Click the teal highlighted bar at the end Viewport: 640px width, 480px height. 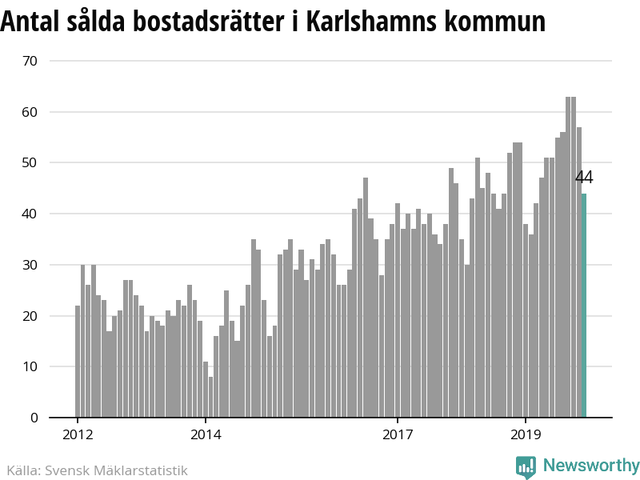(584, 306)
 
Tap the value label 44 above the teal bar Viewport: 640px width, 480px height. (584, 178)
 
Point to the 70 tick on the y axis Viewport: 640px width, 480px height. (30, 61)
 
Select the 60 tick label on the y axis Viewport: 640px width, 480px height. (30, 112)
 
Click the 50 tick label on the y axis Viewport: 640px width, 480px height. (30, 163)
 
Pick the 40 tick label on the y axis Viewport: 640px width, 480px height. (30, 214)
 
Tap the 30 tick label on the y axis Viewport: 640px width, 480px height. (30, 265)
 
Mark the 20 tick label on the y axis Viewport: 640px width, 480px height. (30, 316)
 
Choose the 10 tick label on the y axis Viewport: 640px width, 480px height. (30, 367)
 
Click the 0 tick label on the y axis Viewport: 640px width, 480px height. (34, 418)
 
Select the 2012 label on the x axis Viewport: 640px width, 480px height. (78, 435)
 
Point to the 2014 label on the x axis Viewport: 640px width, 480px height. (206, 435)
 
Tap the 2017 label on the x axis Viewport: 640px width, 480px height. (398, 435)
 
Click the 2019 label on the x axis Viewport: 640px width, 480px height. (526, 435)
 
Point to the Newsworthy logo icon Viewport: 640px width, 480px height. (526, 466)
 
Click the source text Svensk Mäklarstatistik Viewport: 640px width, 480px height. (116, 470)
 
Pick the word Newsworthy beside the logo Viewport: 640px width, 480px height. (591, 466)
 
